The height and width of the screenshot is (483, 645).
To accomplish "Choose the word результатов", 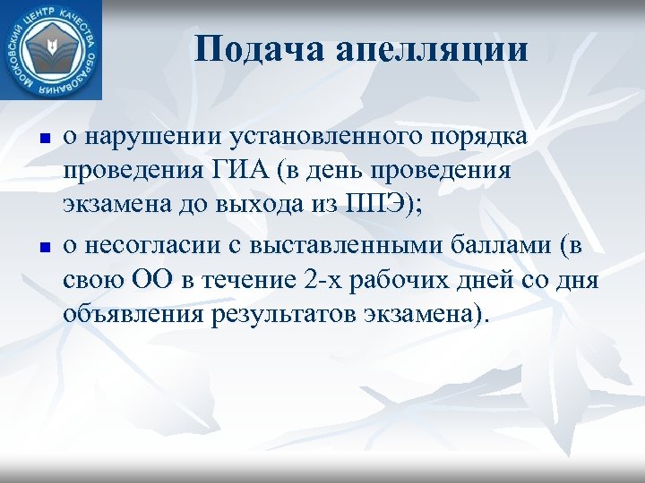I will (x=282, y=311).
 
